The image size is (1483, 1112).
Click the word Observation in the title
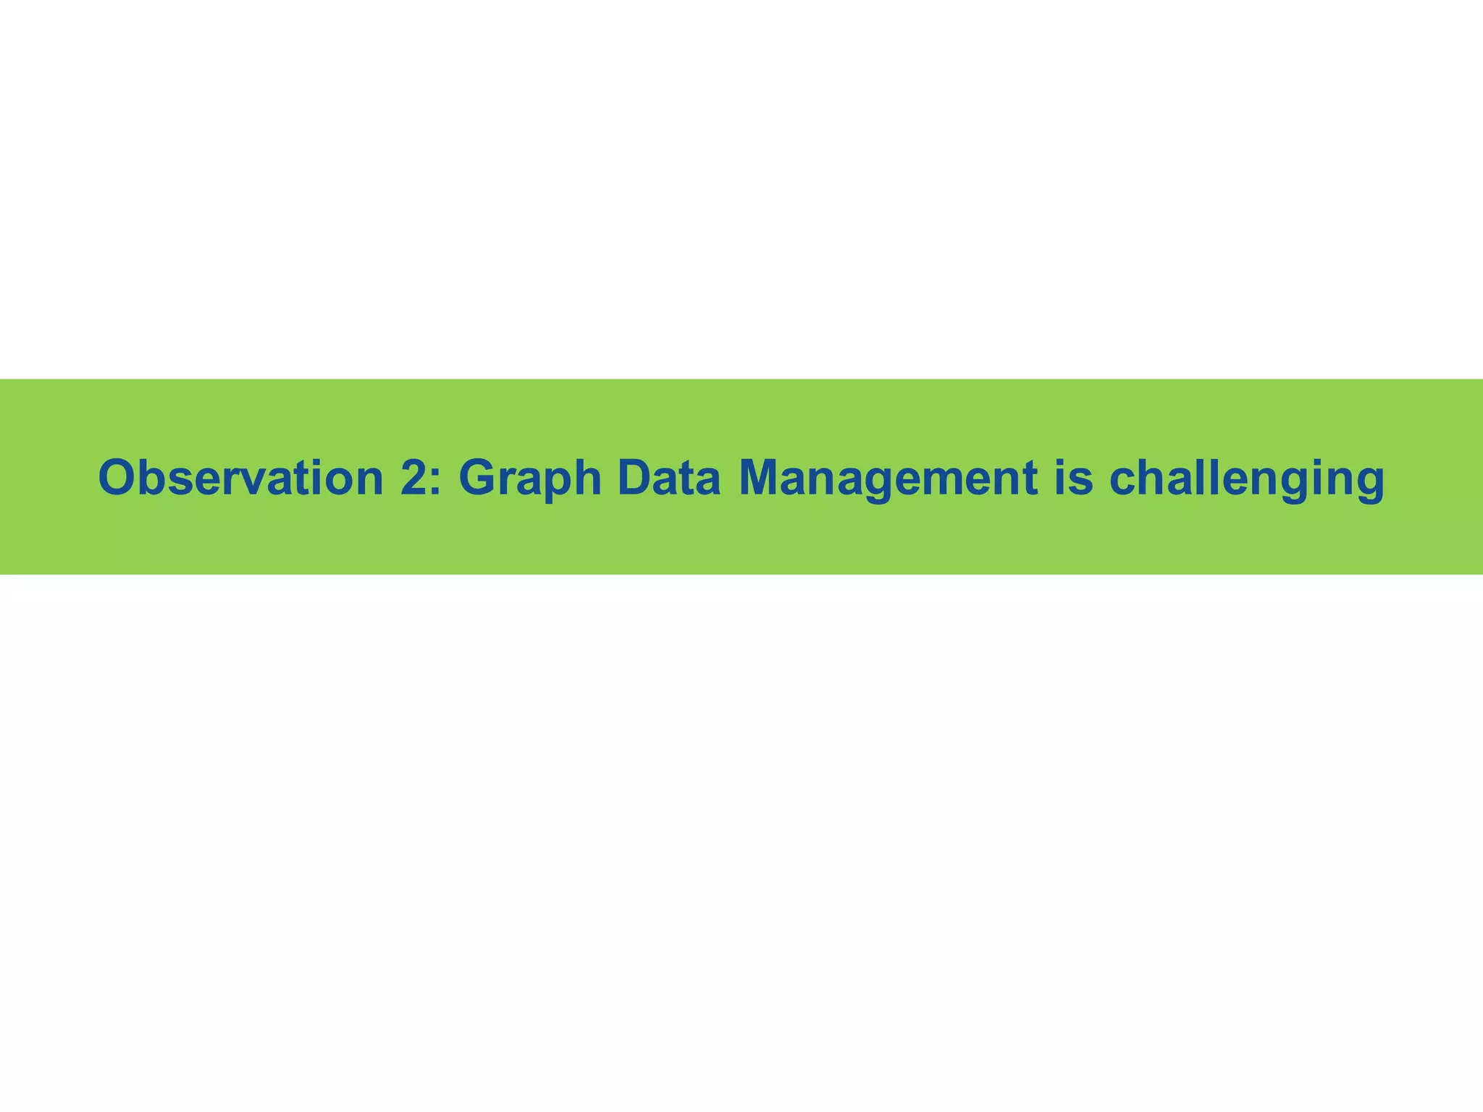240,478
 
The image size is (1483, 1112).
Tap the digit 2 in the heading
413,478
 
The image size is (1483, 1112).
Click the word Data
669,478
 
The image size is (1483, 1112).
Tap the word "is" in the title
1073,478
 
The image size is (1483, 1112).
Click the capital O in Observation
117,478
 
